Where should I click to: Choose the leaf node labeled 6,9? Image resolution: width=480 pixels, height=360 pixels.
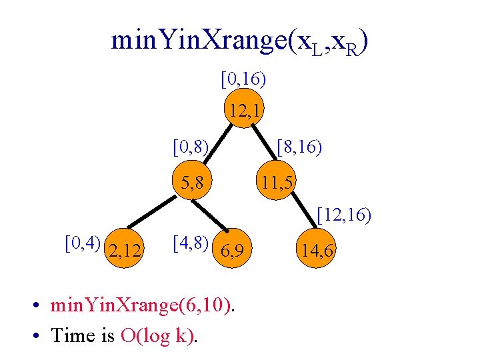233,251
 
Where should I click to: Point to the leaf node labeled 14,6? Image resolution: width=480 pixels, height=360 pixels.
318,251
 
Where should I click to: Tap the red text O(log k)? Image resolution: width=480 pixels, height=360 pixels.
157,335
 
